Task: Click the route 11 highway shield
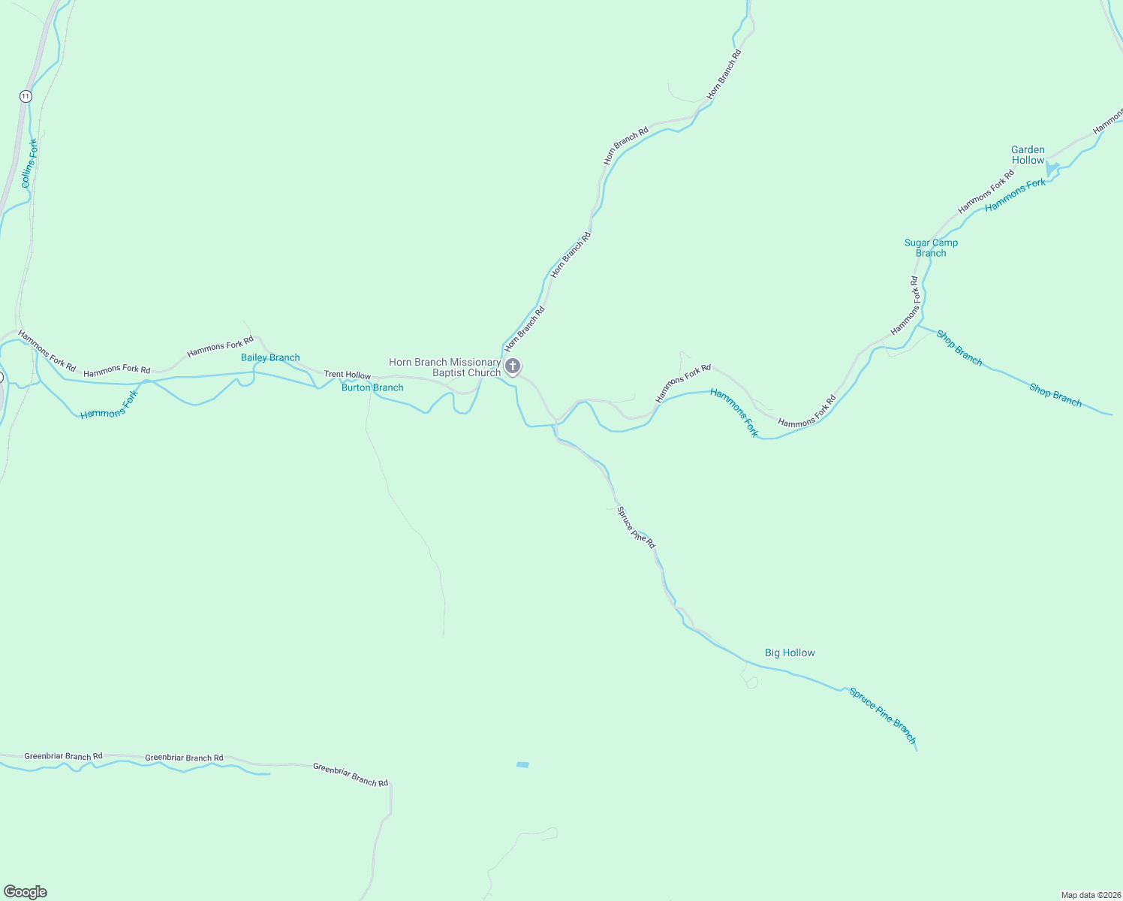click(26, 96)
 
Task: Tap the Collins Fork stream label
click(29, 164)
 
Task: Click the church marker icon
click(513, 366)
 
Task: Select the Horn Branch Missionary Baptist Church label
click(445, 367)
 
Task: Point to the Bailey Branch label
click(270, 357)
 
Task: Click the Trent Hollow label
click(347, 375)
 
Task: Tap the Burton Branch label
click(372, 387)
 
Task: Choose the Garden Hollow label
click(1028, 155)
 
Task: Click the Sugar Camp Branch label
click(931, 248)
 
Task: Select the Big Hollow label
click(790, 652)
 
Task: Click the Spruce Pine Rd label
click(636, 526)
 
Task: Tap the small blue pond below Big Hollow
click(522, 764)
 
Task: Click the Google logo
click(26, 892)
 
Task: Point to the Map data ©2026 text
click(1089, 895)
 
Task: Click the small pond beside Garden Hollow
click(1052, 170)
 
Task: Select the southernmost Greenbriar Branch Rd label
click(351, 775)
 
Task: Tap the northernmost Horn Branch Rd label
click(724, 74)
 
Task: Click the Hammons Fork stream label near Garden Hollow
click(1015, 194)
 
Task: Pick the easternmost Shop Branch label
click(1055, 395)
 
